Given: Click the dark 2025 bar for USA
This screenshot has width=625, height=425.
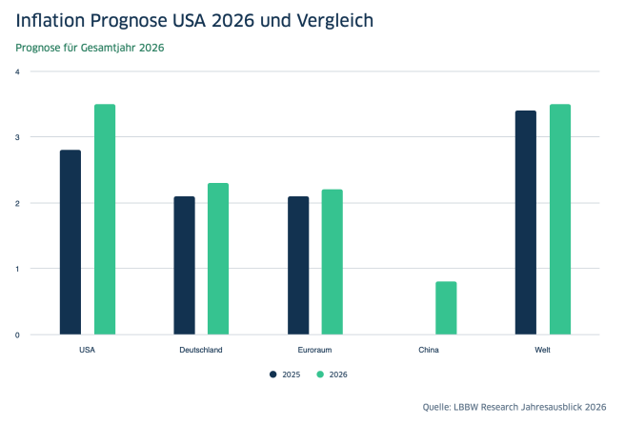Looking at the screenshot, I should point(71,242).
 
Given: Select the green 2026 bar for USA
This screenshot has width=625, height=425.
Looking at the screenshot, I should point(105,219).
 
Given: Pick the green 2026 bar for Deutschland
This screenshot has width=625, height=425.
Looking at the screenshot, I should point(218,258).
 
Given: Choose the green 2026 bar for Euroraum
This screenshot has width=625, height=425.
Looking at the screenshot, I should point(333,262).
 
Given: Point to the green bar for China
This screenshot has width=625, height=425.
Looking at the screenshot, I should point(446,308).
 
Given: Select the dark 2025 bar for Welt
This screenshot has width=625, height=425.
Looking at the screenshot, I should point(526,222).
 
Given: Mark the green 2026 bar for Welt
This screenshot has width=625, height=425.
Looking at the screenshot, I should point(560,219).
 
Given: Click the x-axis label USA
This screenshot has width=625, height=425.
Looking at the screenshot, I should point(87,350).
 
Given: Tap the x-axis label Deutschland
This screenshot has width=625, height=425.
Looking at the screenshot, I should point(201,350).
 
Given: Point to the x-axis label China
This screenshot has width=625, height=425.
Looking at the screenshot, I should point(429,350).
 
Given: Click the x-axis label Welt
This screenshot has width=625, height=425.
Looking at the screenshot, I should point(543,350).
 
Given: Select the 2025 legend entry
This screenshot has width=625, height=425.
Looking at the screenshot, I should point(285,374).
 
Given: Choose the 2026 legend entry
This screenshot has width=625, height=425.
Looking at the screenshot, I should point(332,374).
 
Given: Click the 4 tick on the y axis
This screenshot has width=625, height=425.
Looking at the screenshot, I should point(17,71).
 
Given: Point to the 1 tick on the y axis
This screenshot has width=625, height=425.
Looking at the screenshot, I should point(17,269).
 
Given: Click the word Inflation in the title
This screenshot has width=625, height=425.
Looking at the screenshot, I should point(54,18).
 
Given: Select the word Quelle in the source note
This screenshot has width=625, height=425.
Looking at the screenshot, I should point(439,407).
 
